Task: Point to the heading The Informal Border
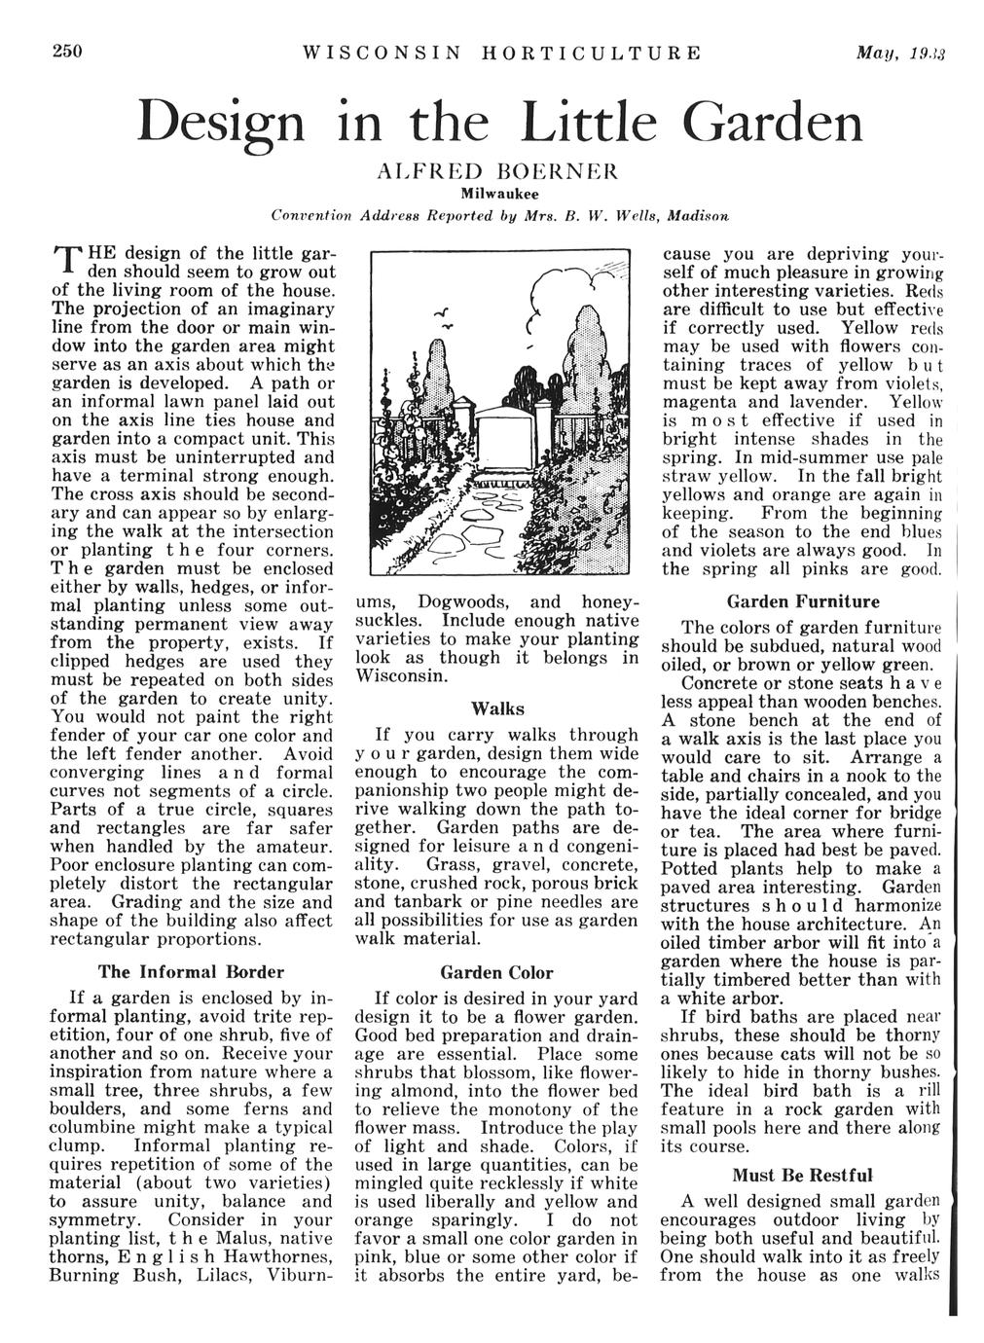click(x=191, y=970)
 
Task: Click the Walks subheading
click(x=497, y=708)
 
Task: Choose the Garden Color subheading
click(x=497, y=972)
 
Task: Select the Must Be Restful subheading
click(x=803, y=1175)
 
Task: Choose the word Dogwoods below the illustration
click(x=475, y=601)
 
